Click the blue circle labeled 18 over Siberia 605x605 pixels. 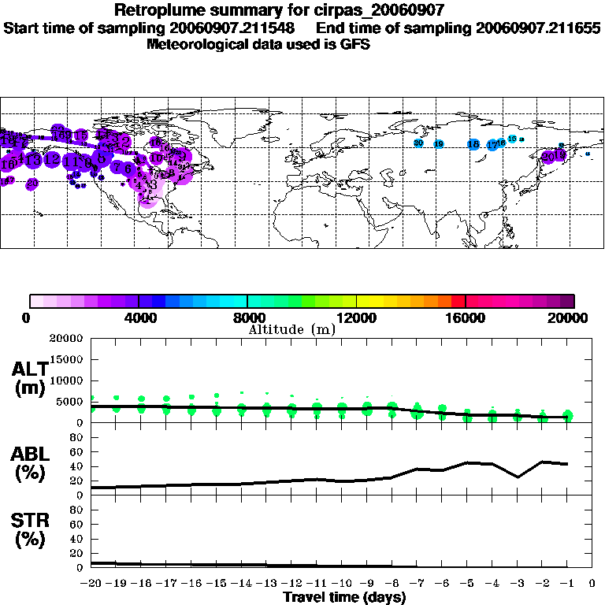click(473, 144)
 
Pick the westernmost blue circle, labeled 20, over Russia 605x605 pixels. click(418, 143)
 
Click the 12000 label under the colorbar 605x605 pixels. click(356, 317)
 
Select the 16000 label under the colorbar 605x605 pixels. click(466, 317)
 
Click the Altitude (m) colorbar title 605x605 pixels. click(291, 329)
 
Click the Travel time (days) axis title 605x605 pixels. click(344, 598)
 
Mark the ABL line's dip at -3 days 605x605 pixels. click(518, 477)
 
